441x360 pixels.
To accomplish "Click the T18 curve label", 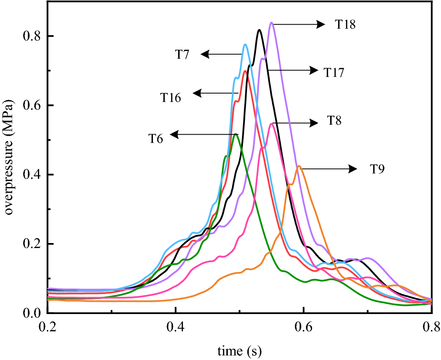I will pos(345,25).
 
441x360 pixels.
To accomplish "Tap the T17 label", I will pos(334,71).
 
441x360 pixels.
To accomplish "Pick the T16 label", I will pos(170,97).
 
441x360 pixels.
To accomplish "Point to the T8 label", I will pos(335,121).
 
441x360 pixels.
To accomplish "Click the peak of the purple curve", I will pos(271,22).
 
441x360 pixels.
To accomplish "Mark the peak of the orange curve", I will pos(299,166).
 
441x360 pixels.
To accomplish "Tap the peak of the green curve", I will pos(235,134).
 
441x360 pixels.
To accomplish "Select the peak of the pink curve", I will pos(272,123).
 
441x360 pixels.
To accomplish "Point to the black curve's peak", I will pos(259,30).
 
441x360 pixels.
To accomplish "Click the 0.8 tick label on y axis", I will pos(32,36).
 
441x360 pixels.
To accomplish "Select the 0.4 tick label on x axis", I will pos(175,326).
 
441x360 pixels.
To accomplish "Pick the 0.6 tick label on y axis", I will pos(32,105).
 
